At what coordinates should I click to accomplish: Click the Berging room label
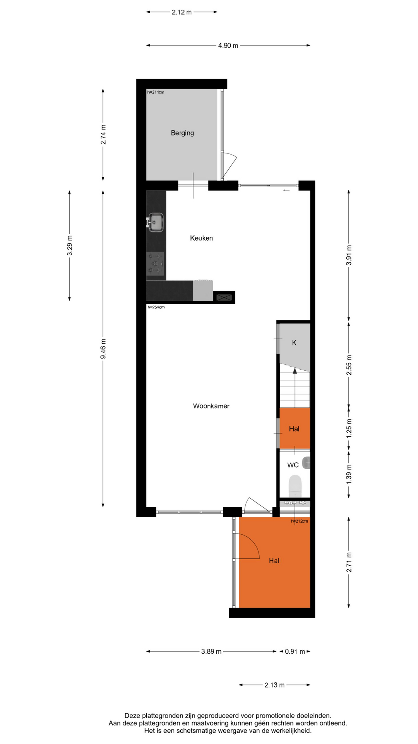[182, 133]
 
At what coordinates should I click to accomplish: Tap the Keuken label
[201, 238]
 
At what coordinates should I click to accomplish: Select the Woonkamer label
[211, 406]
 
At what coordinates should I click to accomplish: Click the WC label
[293, 465]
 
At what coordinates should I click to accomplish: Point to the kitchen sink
[156, 222]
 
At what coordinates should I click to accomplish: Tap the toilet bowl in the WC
[295, 486]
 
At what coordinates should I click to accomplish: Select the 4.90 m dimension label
[228, 45]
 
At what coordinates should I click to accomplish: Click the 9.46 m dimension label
[103, 349]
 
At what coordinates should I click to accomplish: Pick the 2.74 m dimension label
[103, 134]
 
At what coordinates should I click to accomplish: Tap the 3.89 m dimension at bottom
[211, 651]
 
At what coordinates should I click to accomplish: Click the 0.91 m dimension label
[295, 651]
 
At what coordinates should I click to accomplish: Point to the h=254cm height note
[156, 307]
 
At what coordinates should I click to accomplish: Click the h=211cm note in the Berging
[156, 92]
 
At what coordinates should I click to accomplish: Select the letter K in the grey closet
[294, 343]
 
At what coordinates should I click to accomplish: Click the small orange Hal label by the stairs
[294, 429]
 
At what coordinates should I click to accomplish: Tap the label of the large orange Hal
[274, 560]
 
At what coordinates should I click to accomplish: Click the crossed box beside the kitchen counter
[224, 297]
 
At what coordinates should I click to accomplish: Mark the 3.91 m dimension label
[349, 255]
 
